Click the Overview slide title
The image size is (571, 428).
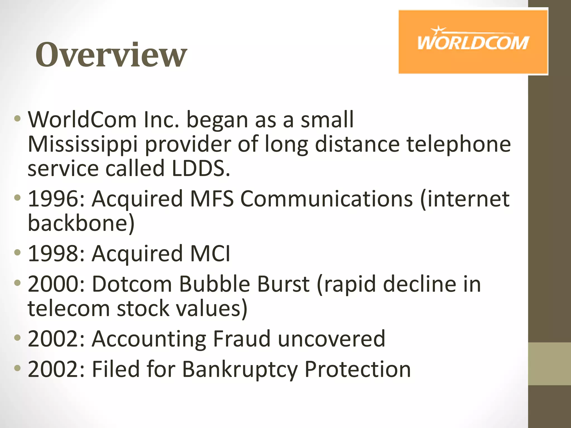click(x=111, y=55)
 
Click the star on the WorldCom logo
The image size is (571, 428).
click(x=438, y=30)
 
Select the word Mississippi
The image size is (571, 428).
click(x=83, y=144)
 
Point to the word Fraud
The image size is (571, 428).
click(x=242, y=339)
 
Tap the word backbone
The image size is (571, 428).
click(x=81, y=223)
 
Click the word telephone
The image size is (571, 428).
click(x=459, y=144)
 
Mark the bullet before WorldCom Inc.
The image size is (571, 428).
click(x=17, y=119)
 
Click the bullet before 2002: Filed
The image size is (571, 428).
click(x=17, y=368)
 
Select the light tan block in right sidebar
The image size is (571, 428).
click(x=549, y=364)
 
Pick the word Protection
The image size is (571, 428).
click(x=358, y=369)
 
